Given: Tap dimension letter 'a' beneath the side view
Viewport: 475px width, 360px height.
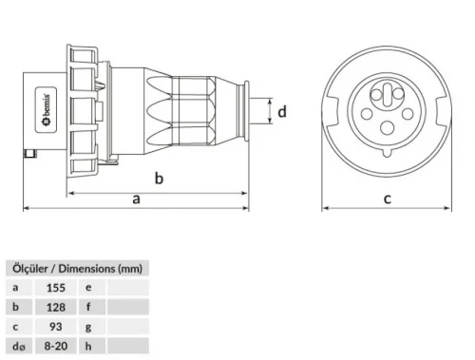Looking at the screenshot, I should pos(138,199).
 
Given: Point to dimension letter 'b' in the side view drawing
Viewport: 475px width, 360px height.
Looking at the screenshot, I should pos(159,178).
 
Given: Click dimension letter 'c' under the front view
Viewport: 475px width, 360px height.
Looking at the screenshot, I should pos(387,199).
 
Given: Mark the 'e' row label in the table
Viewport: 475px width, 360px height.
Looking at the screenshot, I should pos(88,286).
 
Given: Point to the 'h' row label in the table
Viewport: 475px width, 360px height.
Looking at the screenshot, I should pos(88,348).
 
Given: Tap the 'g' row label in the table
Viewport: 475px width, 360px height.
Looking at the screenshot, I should pos(88,327).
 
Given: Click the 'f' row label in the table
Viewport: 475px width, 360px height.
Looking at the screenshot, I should pos(88,306).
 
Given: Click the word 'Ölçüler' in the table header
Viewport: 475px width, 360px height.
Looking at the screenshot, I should pos(28,267).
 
